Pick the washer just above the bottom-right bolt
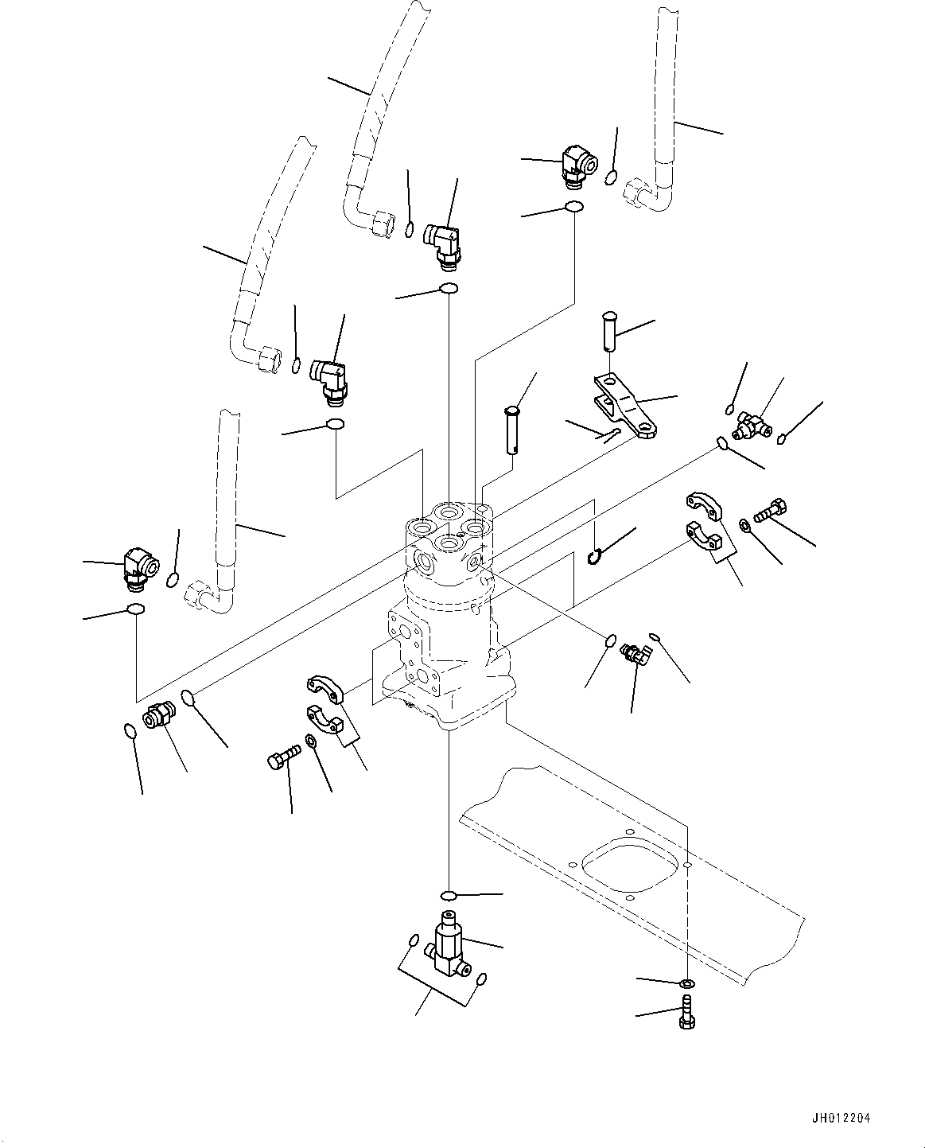(x=687, y=983)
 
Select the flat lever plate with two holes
(x=625, y=407)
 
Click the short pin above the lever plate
(x=610, y=331)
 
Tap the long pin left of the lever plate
(x=511, y=430)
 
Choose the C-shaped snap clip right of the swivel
(x=595, y=557)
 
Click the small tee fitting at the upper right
(x=751, y=426)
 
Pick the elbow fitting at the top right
(x=579, y=166)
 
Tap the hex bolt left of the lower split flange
(x=284, y=757)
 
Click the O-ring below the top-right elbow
(x=574, y=206)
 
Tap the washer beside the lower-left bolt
(x=309, y=740)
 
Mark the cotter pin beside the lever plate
(x=612, y=434)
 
